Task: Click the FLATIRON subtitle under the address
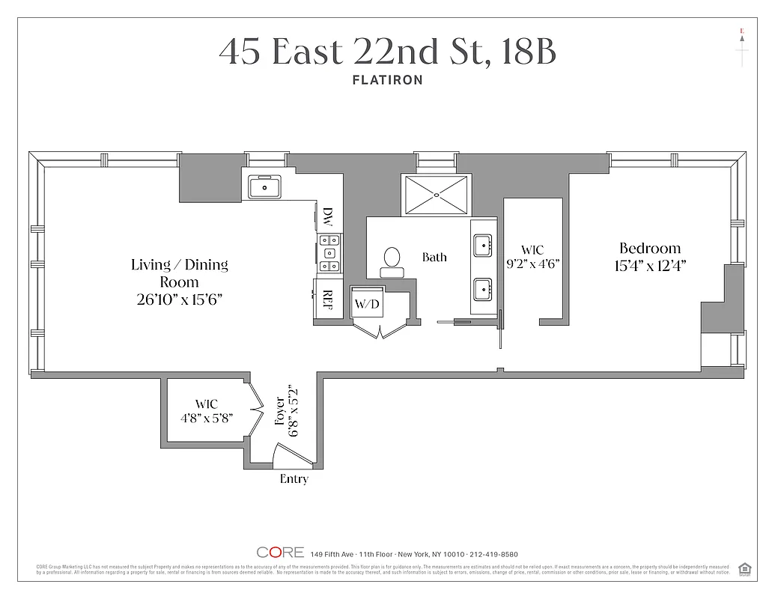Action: (x=387, y=79)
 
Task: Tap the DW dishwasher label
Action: (x=327, y=218)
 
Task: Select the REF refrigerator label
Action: (x=327, y=300)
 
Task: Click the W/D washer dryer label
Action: (x=366, y=304)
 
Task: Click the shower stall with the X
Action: (x=437, y=194)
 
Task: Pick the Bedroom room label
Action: (x=650, y=249)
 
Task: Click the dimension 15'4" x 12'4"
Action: (x=650, y=265)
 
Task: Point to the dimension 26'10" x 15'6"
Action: (x=180, y=299)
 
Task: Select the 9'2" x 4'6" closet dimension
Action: (x=533, y=264)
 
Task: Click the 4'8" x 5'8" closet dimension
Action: (x=207, y=418)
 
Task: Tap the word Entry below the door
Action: (x=294, y=479)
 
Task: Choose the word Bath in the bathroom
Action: (x=434, y=258)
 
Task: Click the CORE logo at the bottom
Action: (x=280, y=553)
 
